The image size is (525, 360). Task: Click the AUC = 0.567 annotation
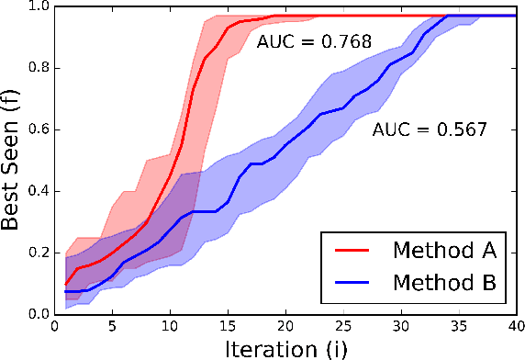pos(429,130)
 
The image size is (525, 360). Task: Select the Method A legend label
pos(444,250)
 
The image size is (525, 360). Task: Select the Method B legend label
pos(444,284)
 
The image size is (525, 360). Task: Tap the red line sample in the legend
pos(355,250)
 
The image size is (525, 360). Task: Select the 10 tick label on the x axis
pos(170,326)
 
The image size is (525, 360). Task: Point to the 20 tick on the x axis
pos(286,326)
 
